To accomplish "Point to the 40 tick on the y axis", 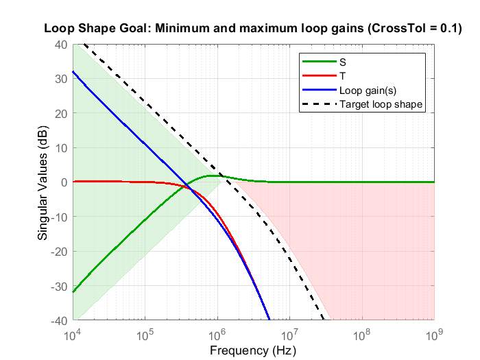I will pos(60,45).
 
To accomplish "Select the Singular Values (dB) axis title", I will pos(43,182).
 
